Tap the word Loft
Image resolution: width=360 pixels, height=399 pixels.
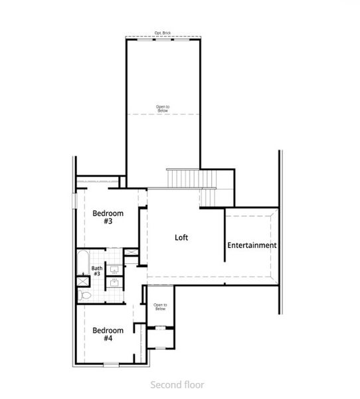coord(182,237)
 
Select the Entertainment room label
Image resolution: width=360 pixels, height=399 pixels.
coord(252,245)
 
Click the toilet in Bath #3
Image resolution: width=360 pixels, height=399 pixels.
coord(85,293)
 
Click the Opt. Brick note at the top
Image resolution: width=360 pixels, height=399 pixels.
coord(163,33)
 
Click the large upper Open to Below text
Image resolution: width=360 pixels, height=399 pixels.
coord(163,108)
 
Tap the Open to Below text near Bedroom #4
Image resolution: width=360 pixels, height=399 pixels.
coord(159,307)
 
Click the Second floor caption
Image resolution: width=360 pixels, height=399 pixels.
coord(177,384)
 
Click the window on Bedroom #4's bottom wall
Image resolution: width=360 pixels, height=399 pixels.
coord(111,364)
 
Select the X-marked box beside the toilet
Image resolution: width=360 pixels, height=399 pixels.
coord(83,281)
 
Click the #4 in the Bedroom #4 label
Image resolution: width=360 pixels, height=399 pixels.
coord(108,338)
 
